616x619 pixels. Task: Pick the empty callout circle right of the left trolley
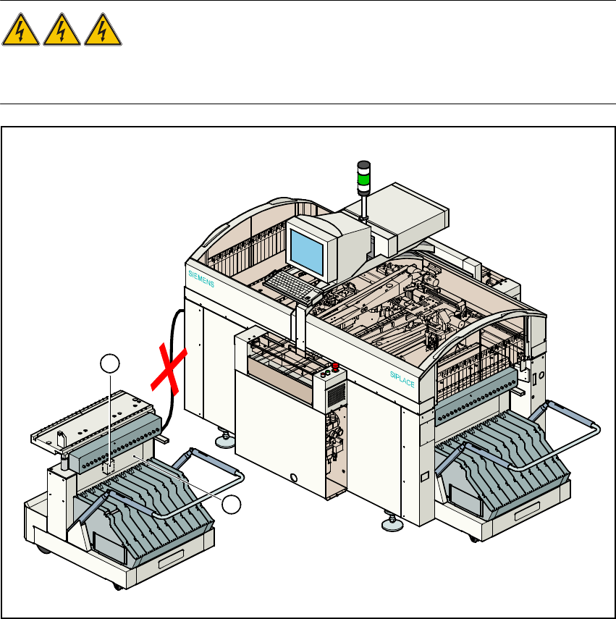[232, 505]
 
